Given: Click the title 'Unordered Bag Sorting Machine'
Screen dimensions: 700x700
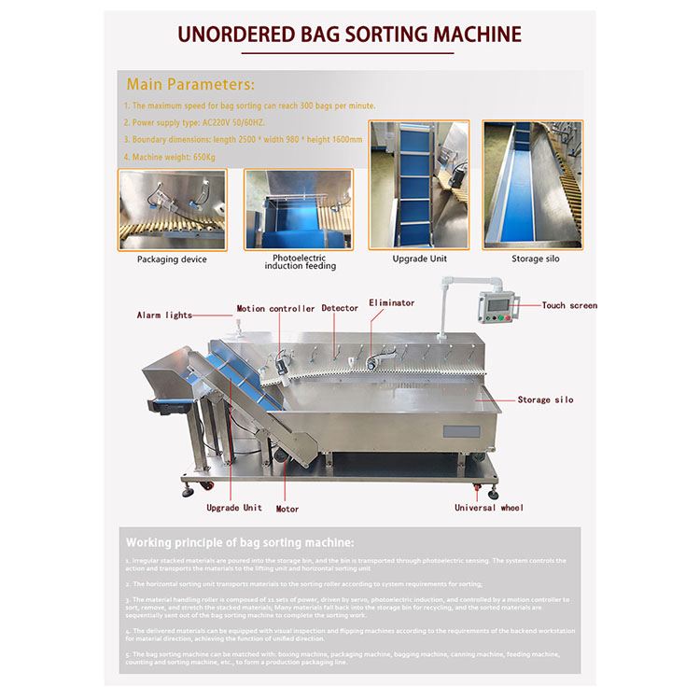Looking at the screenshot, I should pos(349,35).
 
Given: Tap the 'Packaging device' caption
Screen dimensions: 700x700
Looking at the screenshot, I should pos(172,259).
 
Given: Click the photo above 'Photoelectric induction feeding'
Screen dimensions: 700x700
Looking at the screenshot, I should pos(299,209).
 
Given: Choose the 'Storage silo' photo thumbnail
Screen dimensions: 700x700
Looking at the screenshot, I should pos(533,184).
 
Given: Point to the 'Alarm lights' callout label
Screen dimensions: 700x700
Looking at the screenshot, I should pos(164,315).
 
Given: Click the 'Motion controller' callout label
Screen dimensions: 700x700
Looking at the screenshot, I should pos(275,309).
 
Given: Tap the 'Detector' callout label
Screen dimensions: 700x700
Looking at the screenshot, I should pos(340,308).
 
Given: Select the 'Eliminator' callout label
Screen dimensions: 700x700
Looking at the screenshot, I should pos(391,302).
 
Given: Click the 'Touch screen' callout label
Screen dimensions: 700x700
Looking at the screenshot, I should pos(569,305).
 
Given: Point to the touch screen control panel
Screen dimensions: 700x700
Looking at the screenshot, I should pos(498,308).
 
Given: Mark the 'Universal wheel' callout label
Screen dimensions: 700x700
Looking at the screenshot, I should pos(489,508).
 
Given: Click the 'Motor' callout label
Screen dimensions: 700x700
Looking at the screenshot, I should pos(287,509).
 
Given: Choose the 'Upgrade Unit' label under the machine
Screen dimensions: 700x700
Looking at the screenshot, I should pos(234,508).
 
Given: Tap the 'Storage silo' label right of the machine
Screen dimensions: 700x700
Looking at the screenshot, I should pos(546,399).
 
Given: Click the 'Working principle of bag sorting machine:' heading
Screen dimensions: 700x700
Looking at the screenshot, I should pos(241,542).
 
